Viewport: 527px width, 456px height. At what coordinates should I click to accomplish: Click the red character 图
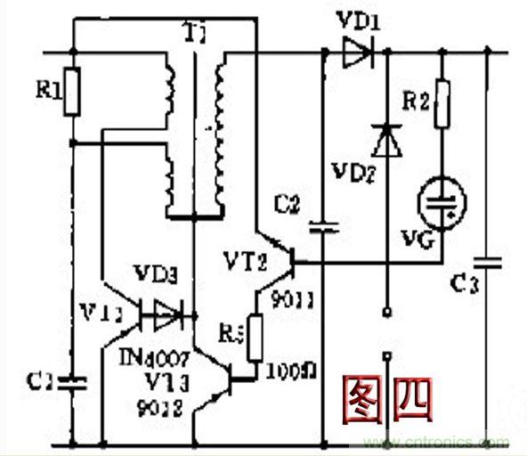367,396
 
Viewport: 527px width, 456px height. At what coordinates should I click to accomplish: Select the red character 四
409,397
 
